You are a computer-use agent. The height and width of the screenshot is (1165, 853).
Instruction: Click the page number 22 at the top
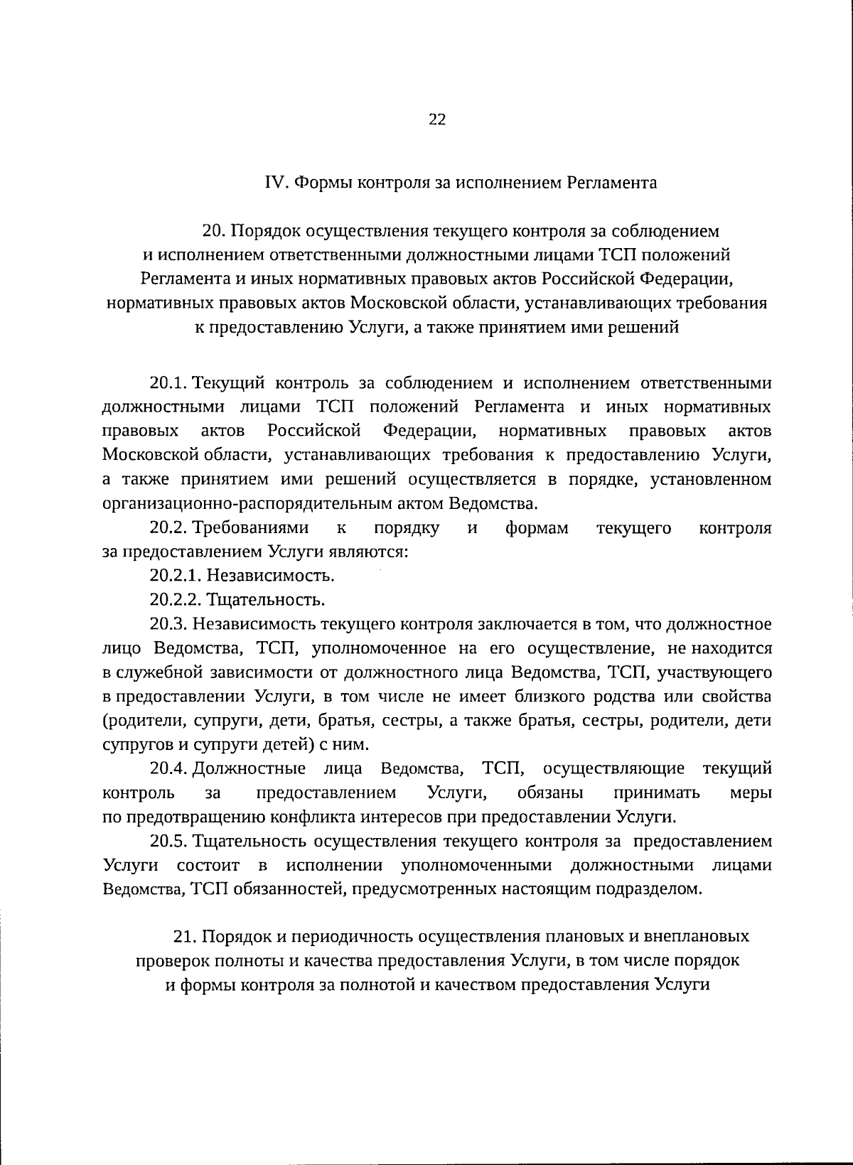[x=436, y=119]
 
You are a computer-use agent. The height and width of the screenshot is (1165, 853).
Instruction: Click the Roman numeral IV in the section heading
[x=274, y=183]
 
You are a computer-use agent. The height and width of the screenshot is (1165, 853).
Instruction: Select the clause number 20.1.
[x=168, y=383]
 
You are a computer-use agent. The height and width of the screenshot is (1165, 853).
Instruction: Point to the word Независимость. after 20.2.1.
[x=274, y=575]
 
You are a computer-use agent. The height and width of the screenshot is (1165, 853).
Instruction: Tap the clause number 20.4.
[x=168, y=768]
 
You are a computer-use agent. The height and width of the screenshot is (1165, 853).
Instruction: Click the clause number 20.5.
[x=168, y=841]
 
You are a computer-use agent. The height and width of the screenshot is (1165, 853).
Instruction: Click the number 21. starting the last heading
[x=186, y=936]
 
